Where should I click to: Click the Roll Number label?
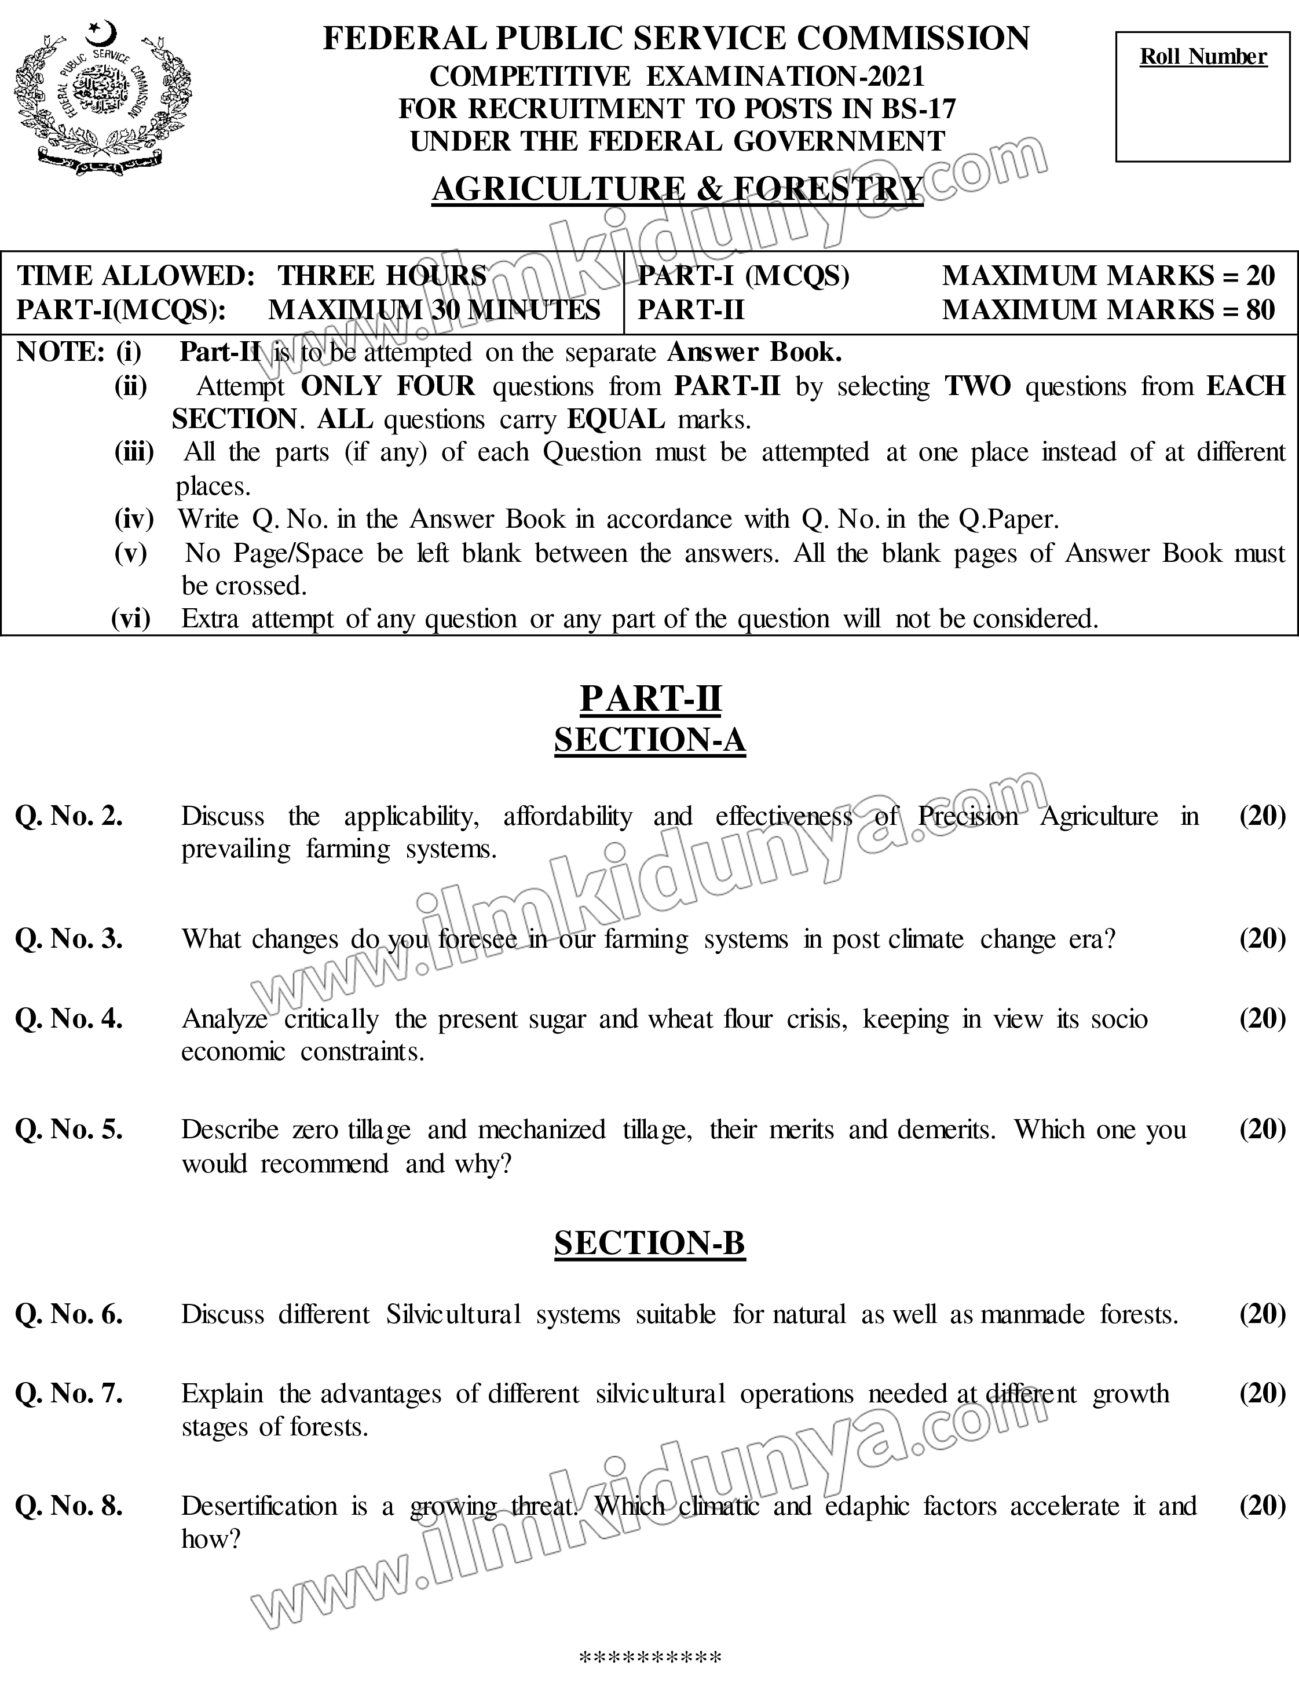[1203, 56]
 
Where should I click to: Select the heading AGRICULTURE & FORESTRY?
[677, 189]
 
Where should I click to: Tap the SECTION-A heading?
[650, 740]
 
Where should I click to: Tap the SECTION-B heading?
[650, 1243]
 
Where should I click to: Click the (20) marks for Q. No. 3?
[1262, 938]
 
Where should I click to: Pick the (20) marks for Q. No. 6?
[1262, 1314]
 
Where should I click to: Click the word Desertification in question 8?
[259, 1505]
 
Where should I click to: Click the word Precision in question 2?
[967, 816]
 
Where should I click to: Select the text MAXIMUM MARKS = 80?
[1108, 309]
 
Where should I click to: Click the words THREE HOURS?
[382, 276]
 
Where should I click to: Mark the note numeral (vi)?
[131, 618]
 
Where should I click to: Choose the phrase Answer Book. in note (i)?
[754, 352]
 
